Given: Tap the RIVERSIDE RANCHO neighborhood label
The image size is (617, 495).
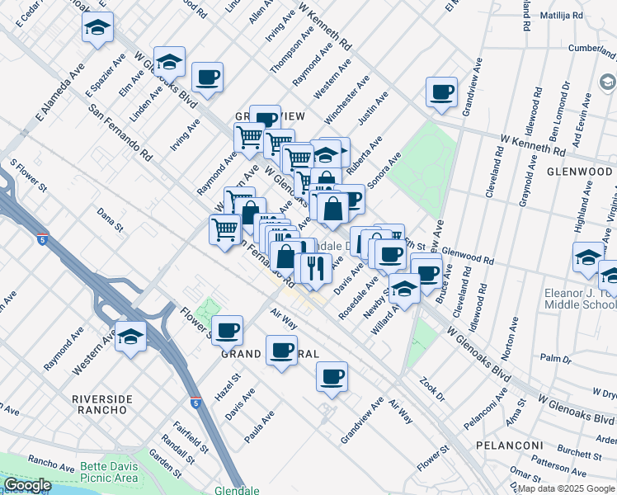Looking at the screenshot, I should click(x=102, y=405).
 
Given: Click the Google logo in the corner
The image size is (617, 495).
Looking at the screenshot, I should click(x=27, y=485).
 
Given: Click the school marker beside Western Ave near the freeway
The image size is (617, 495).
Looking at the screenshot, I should click(x=130, y=337).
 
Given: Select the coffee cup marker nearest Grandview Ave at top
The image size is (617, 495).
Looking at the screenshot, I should click(x=441, y=92).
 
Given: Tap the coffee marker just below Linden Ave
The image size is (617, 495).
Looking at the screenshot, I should click(x=207, y=78).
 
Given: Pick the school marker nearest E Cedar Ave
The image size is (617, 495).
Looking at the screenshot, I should click(x=97, y=28).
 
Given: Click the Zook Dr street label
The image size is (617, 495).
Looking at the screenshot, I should click(x=431, y=389).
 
